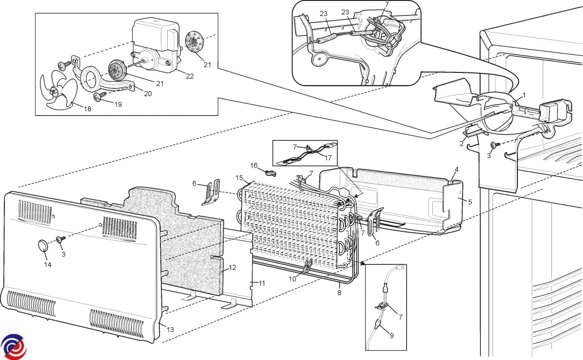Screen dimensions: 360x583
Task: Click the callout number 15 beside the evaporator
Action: (x=239, y=178)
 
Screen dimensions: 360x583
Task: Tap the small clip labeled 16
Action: (x=270, y=171)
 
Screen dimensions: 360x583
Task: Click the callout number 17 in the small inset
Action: (x=329, y=157)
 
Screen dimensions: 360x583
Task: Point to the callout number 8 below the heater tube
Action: (x=339, y=292)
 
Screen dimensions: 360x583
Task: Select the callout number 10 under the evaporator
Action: (x=292, y=279)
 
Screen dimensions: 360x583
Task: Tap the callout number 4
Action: (x=456, y=170)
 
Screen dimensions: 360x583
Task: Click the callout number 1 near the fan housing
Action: (x=524, y=95)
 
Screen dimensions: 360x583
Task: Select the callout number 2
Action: (x=462, y=143)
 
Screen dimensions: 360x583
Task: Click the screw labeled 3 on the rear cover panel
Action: (x=62, y=239)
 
